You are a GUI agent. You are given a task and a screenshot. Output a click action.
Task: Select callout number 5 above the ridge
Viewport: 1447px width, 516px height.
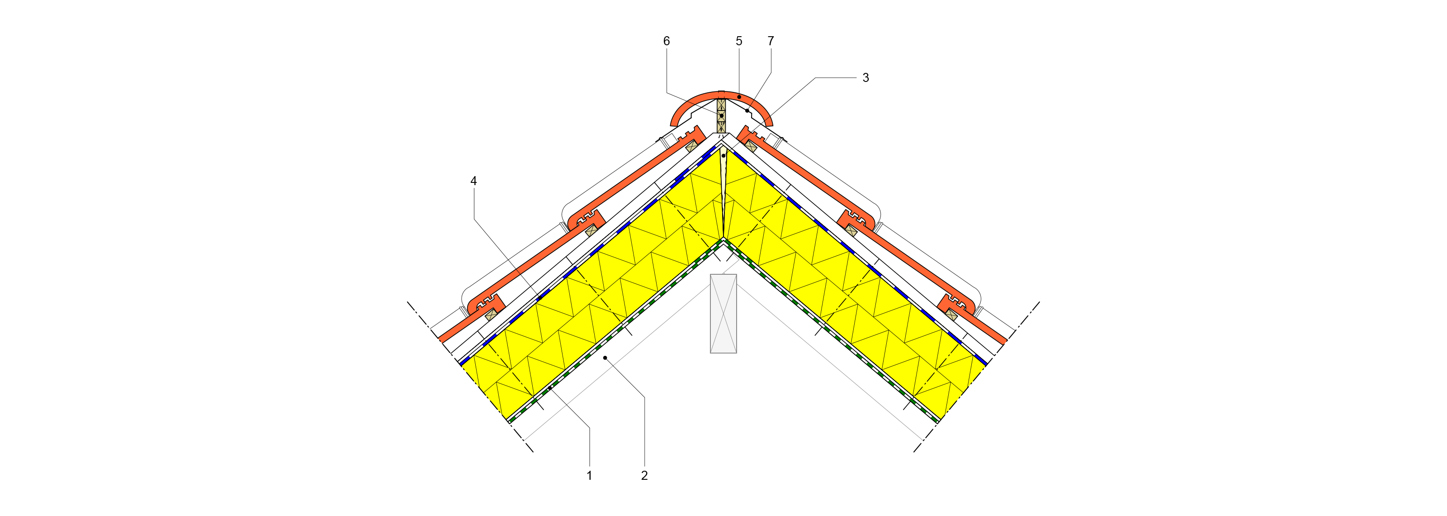pos(739,41)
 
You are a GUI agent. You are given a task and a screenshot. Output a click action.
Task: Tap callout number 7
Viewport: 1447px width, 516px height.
pos(771,41)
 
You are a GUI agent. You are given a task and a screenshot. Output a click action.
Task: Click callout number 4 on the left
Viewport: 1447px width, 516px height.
pos(473,181)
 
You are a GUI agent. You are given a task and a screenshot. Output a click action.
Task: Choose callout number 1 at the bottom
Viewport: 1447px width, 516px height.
pos(589,476)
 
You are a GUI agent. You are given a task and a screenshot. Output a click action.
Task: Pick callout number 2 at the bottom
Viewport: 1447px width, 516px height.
pos(644,476)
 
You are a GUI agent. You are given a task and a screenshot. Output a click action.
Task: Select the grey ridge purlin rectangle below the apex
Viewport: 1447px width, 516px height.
pos(723,314)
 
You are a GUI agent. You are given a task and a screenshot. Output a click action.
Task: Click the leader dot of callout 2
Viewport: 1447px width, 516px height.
pos(605,358)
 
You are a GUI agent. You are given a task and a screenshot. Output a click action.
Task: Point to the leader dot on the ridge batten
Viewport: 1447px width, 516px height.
pos(722,116)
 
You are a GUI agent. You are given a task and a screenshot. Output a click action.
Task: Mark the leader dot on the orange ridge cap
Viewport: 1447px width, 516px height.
pos(739,97)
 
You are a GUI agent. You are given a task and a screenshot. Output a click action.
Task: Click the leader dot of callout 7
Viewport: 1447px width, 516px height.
pos(747,111)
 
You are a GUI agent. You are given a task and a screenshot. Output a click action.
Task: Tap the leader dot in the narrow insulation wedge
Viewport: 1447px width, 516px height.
pos(723,156)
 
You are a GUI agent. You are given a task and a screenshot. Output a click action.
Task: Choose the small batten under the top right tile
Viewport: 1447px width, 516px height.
pos(751,146)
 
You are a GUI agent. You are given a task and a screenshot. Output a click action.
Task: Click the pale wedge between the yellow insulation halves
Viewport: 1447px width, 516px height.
pos(723,191)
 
